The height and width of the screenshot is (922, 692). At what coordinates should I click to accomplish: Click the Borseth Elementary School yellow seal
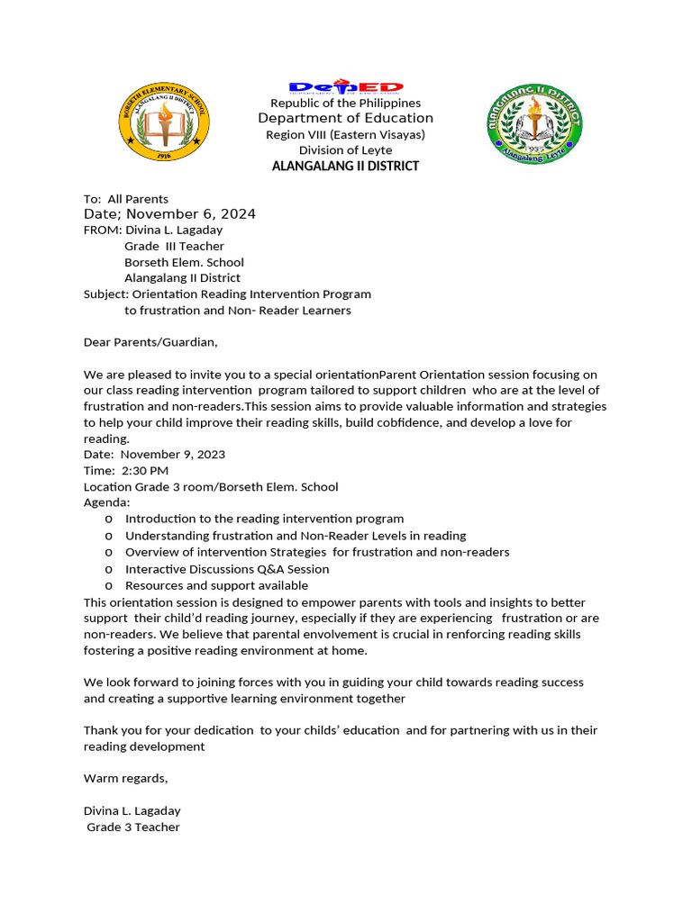pyautogui.click(x=164, y=123)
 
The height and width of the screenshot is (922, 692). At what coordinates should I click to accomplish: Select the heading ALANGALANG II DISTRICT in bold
pyautogui.click(x=346, y=167)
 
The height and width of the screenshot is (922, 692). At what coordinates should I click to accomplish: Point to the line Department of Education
pyautogui.click(x=346, y=119)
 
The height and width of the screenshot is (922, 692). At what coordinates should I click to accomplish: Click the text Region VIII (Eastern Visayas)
pyautogui.click(x=346, y=135)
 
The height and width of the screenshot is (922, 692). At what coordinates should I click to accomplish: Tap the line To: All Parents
pyautogui.click(x=126, y=199)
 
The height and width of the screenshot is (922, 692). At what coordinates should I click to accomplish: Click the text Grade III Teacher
pyautogui.click(x=174, y=246)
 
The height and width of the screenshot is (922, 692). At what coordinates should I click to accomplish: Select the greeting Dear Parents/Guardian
pyautogui.click(x=150, y=342)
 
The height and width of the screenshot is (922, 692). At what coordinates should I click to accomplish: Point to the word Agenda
pyautogui.click(x=106, y=502)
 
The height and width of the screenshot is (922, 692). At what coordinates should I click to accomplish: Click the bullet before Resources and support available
pyautogui.click(x=109, y=586)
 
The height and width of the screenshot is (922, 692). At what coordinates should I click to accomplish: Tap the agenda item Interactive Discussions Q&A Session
pyautogui.click(x=227, y=569)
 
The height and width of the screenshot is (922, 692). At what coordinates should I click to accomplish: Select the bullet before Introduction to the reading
pyautogui.click(x=109, y=520)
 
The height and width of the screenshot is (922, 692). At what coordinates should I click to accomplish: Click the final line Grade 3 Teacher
pyautogui.click(x=133, y=827)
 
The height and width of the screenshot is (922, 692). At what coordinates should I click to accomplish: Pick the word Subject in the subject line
pyautogui.click(x=105, y=294)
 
